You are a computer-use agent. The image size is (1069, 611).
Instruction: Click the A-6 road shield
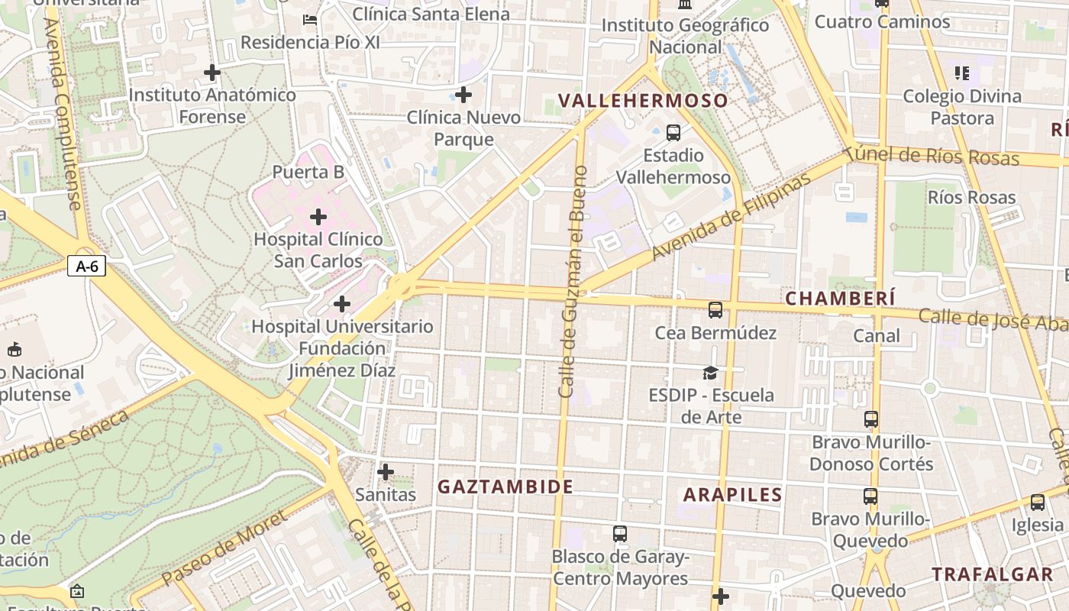[x=86, y=266]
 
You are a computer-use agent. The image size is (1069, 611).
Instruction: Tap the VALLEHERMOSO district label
[x=643, y=101]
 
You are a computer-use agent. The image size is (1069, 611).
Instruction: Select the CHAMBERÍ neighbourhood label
[x=840, y=299]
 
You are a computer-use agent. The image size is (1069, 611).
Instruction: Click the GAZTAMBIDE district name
[x=505, y=487]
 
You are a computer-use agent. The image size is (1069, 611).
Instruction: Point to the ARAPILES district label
[x=733, y=494]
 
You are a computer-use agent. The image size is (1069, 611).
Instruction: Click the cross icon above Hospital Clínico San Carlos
[x=318, y=217]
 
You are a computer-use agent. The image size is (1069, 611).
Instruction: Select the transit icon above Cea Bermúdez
[x=715, y=309]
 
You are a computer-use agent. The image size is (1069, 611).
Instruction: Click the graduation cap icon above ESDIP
[x=710, y=373]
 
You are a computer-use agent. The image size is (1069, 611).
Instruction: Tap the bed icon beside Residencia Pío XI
[x=309, y=19]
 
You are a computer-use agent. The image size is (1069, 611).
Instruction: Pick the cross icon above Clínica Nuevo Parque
[x=463, y=95]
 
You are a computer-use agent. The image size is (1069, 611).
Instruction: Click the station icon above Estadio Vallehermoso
[x=673, y=132]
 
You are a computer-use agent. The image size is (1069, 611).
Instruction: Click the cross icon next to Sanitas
[x=386, y=471]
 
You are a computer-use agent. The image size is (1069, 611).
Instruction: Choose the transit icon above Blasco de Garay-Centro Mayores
[x=620, y=533]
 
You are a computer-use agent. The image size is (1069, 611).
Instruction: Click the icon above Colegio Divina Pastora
[x=961, y=73]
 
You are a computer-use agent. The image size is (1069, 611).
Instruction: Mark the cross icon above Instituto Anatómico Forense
[x=212, y=73]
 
